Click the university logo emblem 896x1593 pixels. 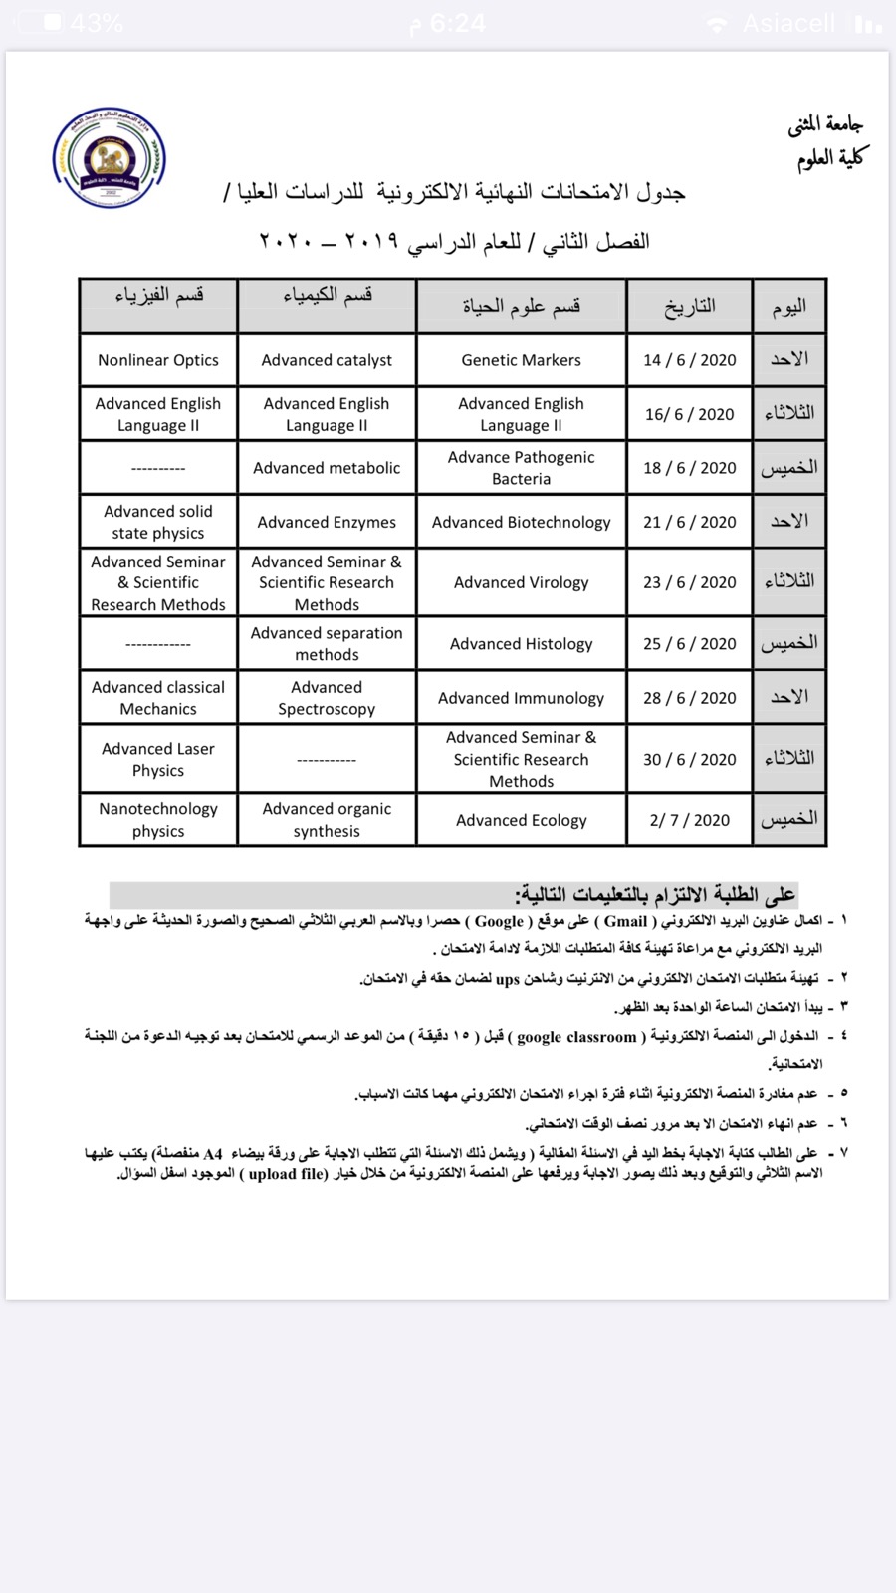110,158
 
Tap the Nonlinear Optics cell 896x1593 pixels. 158,360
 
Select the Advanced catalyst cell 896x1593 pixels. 327,360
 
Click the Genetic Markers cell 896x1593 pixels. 521,360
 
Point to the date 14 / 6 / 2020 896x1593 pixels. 689,360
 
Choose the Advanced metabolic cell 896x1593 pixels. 327,468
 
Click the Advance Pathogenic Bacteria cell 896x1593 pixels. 521,468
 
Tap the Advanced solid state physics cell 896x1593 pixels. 158,522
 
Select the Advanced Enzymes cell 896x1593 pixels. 327,522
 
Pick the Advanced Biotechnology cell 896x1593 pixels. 521,522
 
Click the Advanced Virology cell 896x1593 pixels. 521,582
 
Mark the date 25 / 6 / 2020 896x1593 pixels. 689,644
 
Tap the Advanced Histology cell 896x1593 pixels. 521,644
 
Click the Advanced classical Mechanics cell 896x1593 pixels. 158,698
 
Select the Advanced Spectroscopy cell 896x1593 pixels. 327,698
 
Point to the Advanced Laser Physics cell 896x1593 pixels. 158,759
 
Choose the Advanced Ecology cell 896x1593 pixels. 521,820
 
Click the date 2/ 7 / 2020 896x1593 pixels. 689,820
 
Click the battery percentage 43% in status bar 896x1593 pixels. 97,23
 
